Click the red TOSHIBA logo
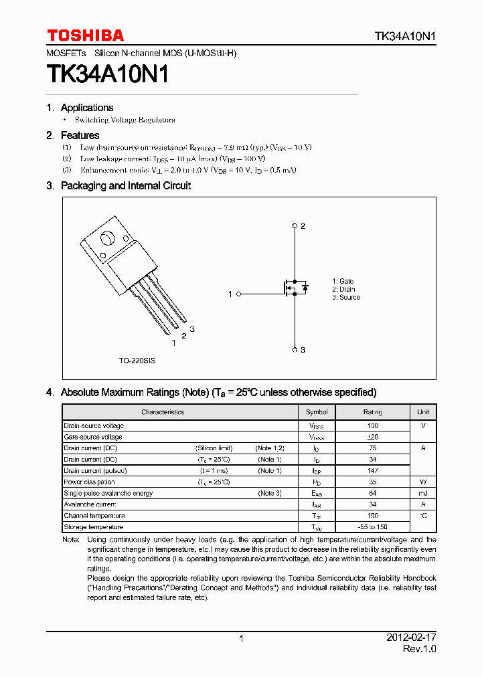click(x=85, y=35)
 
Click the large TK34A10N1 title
click(x=107, y=74)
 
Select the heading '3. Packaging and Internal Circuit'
click(x=118, y=186)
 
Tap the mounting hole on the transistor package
click(x=107, y=239)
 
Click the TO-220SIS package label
click(x=137, y=361)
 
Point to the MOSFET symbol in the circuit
click(x=293, y=288)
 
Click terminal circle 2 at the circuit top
click(x=295, y=226)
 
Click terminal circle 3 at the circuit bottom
click(x=295, y=349)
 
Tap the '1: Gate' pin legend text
click(x=343, y=282)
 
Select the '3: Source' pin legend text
click(x=345, y=298)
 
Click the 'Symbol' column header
click(x=317, y=412)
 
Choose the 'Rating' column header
click(x=373, y=412)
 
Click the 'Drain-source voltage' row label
click(x=94, y=425)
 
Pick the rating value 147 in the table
click(x=373, y=471)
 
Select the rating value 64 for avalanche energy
click(x=373, y=494)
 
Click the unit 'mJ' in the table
click(x=423, y=494)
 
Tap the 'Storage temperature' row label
click(x=93, y=527)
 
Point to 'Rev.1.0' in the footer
click(x=419, y=650)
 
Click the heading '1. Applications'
click(x=80, y=108)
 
